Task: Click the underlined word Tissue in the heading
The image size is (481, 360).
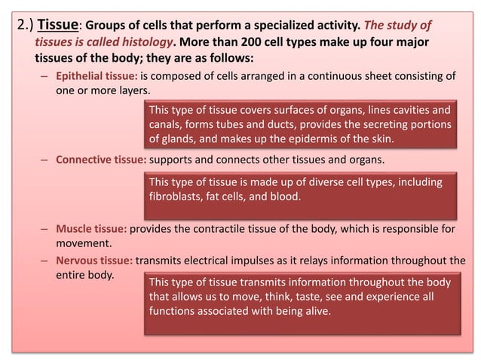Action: tap(58, 23)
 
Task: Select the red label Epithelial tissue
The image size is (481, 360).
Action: tap(97, 77)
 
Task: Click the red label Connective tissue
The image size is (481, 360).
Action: tap(101, 160)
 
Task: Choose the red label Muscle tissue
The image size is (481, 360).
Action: tap(91, 229)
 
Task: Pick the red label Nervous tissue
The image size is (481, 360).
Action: tap(94, 261)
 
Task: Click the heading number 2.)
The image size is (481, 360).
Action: tap(26, 23)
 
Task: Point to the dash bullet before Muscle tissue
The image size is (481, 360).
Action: tap(46, 229)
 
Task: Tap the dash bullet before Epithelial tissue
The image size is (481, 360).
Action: tap(46, 77)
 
